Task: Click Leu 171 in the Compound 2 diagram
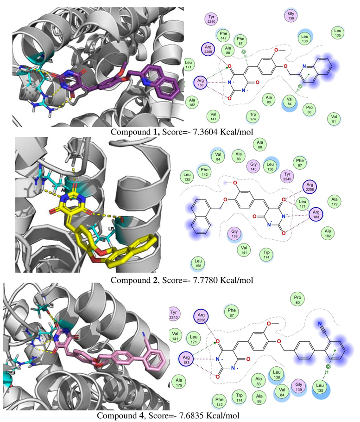(x=303, y=203)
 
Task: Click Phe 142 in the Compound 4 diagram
(x=220, y=401)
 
